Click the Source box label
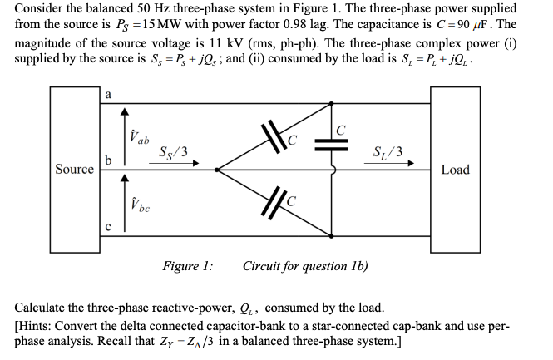pyautogui.click(x=74, y=170)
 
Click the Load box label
pyautogui.click(x=455, y=170)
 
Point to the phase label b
pyautogui.click(x=108, y=160)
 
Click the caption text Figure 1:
pyautogui.click(x=186, y=266)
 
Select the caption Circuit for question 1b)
pyautogui.click(x=306, y=266)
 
